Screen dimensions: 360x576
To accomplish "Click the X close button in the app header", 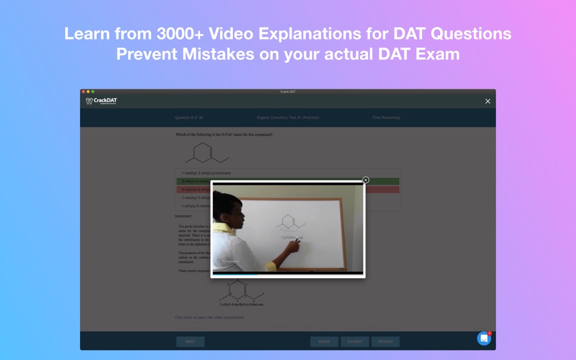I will click(487, 101).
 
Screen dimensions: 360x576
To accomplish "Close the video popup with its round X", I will click(366, 180).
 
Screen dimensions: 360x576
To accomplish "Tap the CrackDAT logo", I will click(101, 101).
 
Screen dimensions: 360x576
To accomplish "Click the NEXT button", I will click(190, 341).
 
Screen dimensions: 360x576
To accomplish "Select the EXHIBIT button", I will click(355, 341).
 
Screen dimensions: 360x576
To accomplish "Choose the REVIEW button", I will click(386, 341).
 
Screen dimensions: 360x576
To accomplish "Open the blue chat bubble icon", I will click(483, 338).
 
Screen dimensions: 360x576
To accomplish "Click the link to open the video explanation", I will click(210, 317).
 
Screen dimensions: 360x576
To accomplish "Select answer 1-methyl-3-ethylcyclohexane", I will click(206, 173).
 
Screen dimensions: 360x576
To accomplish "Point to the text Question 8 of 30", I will click(189, 118).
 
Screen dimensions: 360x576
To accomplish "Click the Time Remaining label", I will click(386, 118).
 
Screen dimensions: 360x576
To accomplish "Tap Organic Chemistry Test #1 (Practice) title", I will click(288, 118).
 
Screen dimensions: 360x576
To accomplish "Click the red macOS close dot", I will click(84, 92).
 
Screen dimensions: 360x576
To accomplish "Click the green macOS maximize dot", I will click(93, 92).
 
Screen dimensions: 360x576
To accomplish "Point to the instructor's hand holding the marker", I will click(294, 246).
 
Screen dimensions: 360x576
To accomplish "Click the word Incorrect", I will click(183, 216).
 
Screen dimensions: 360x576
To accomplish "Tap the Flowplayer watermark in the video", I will click(229, 261).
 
